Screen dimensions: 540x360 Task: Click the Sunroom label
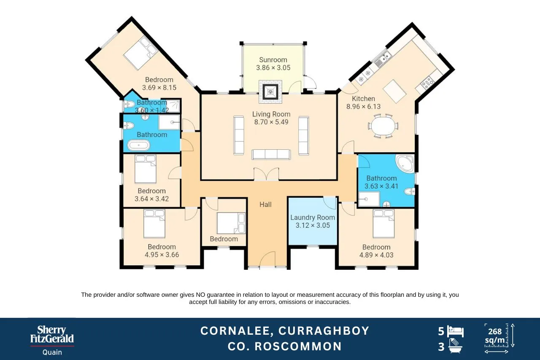click(x=273, y=60)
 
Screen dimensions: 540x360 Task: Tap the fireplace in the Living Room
click(x=270, y=92)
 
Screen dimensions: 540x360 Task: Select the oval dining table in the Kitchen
click(x=383, y=126)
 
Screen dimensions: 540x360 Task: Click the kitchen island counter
click(x=394, y=91)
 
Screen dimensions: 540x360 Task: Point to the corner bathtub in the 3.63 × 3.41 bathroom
click(x=405, y=164)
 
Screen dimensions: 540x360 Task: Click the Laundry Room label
click(x=313, y=218)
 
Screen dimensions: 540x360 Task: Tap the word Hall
click(x=265, y=204)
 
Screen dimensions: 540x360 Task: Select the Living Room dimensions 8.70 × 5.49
click(x=271, y=122)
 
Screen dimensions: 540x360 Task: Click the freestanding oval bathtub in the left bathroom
click(x=139, y=145)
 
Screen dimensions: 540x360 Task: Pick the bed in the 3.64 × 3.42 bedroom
click(x=146, y=169)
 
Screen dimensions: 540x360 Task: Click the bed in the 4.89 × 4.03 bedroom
click(x=383, y=223)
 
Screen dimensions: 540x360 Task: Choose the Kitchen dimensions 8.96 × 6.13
click(x=363, y=107)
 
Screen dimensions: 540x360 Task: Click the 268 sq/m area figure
click(x=495, y=336)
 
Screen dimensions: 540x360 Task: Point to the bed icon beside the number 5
click(x=455, y=332)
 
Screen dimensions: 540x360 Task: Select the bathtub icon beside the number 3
click(x=455, y=346)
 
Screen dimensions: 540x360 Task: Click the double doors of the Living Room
click(x=266, y=174)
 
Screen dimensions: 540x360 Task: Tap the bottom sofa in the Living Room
click(x=271, y=154)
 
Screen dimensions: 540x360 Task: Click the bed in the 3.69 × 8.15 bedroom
click(x=140, y=53)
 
